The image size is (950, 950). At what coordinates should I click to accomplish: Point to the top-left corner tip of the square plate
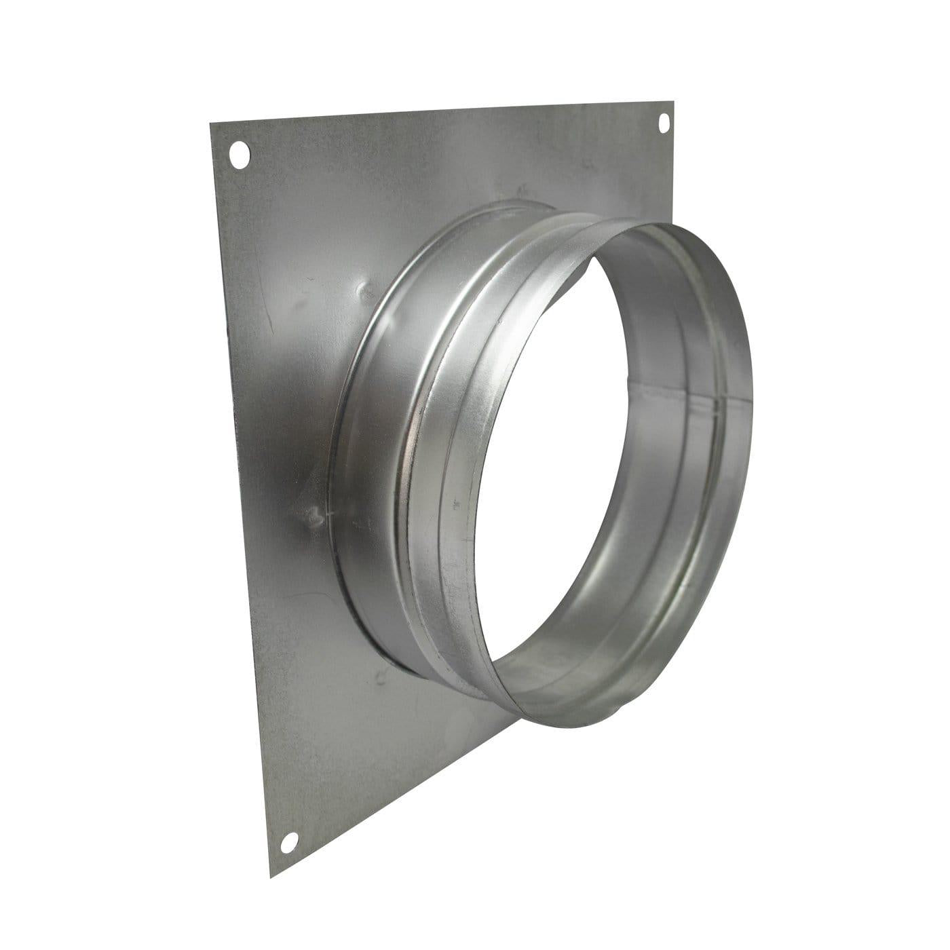(x=210, y=123)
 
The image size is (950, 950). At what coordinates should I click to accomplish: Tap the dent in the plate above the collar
(x=367, y=292)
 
